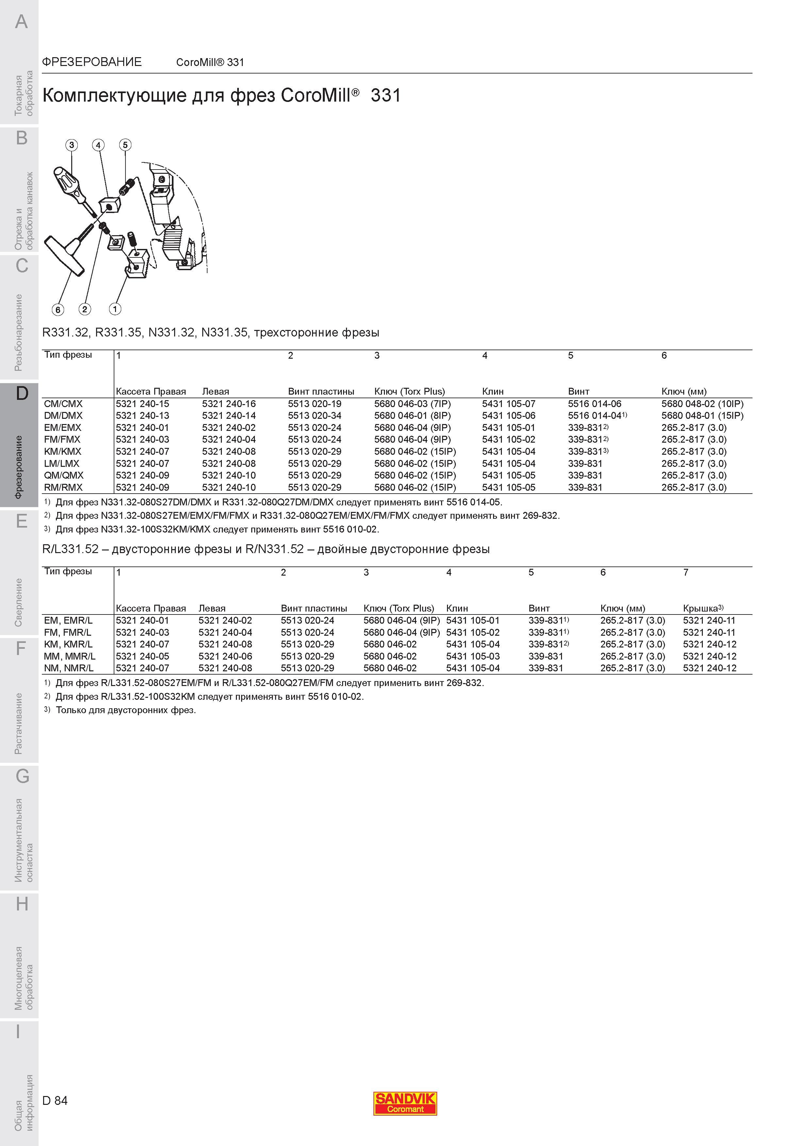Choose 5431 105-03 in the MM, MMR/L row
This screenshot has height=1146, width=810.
click(x=472, y=656)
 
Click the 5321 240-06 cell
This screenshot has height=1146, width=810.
click(x=225, y=656)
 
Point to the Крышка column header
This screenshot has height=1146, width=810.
click(x=703, y=608)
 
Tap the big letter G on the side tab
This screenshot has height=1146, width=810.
click(x=22, y=777)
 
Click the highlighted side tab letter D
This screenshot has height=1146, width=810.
click(x=22, y=394)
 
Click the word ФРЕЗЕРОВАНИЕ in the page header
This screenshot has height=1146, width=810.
click(x=92, y=62)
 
